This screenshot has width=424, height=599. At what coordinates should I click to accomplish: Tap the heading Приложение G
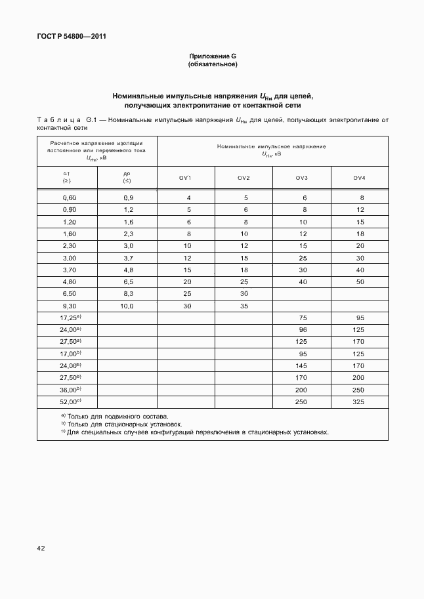click(x=212, y=56)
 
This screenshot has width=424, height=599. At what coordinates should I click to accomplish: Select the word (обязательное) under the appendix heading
click(x=212, y=64)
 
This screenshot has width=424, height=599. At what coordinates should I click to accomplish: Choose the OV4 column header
click(x=359, y=178)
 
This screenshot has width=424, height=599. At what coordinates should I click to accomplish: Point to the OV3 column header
click(x=301, y=178)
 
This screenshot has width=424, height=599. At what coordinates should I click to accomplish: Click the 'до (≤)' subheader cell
click(x=127, y=177)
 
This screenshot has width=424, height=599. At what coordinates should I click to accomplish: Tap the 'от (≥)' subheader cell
click(x=67, y=177)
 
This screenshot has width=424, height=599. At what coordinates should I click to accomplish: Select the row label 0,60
click(x=69, y=197)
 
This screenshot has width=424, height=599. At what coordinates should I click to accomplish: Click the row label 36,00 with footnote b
click(x=70, y=389)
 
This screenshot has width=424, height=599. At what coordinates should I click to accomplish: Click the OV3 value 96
click(x=303, y=330)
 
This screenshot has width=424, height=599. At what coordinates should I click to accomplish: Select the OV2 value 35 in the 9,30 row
click(x=244, y=306)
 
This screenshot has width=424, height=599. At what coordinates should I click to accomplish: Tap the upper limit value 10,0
click(x=127, y=306)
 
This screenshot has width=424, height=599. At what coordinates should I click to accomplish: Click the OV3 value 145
click(x=303, y=365)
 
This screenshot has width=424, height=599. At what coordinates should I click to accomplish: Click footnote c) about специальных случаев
click(x=194, y=432)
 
